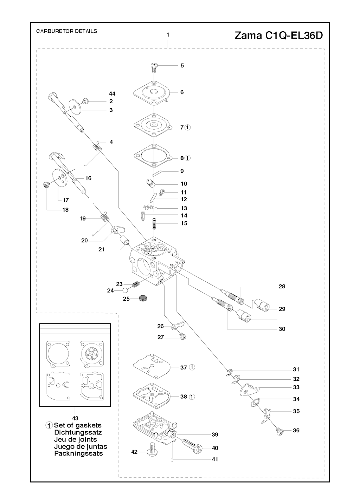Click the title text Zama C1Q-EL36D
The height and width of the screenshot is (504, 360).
[x=278, y=36]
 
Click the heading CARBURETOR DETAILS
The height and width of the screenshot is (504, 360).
[x=67, y=31]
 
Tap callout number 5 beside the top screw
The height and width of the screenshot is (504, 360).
[x=182, y=65]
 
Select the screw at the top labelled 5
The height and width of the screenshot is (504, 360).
[x=153, y=66]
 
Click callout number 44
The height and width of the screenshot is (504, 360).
[x=112, y=94]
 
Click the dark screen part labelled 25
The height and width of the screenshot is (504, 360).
[x=143, y=299]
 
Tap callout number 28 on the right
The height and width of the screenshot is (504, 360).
[x=282, y=287]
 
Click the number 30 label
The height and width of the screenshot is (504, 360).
[x=282, y=329]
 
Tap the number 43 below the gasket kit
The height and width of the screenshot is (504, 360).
[x=75, y=418]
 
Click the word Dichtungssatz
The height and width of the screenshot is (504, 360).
[x=78, y=433]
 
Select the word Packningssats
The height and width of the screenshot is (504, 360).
[x=78, y=453]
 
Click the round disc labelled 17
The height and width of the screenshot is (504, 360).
[x=59, y=179]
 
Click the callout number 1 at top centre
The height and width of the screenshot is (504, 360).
[x=168, y=35]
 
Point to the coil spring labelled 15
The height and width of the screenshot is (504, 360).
[x=154, y=223]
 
